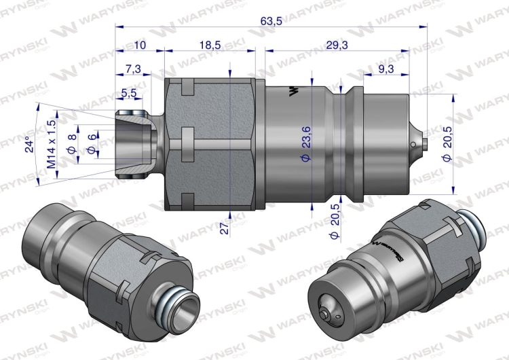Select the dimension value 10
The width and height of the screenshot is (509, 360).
pos(140,45)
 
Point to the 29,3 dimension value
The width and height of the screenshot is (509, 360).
pos(336,45)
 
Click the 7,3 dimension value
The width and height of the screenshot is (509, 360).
pos(133,69)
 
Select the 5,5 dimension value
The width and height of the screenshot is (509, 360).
pos(128,92)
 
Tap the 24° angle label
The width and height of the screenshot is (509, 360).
pos(28,146)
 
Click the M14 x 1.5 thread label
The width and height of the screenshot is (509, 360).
pos(50,144)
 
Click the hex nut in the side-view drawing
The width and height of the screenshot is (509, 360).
pos(210,145)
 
